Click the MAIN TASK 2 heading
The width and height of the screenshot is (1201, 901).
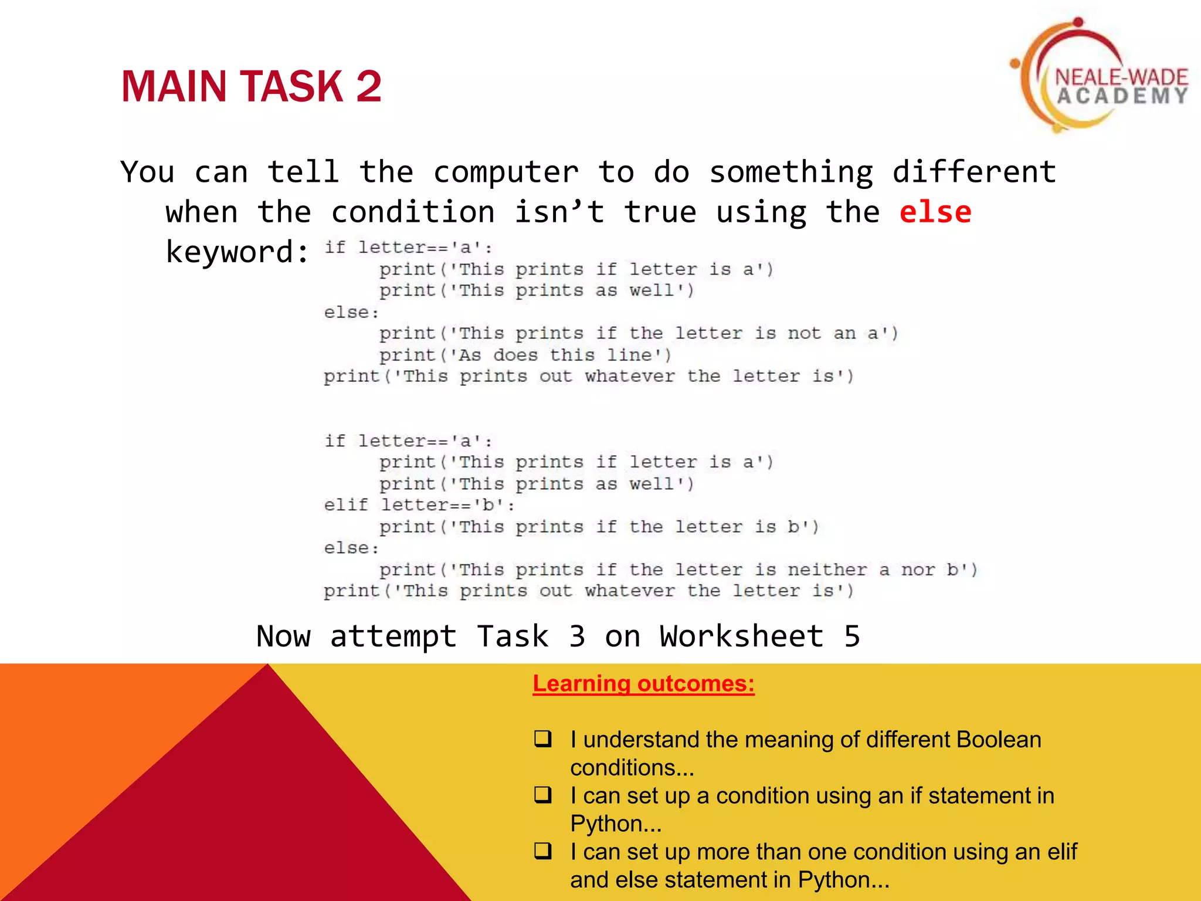[x=251, y=87]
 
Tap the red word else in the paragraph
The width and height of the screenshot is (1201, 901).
[x=935, y=212]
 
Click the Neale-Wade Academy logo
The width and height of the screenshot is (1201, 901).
[x=1097, y=76]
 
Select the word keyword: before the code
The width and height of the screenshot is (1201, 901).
[x=237, y=252]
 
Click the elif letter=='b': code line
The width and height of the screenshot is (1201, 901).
[x=419, y=505]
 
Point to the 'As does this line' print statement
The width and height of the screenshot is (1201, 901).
[x=525, y=355]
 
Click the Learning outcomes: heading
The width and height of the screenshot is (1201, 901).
[x=643, y=684]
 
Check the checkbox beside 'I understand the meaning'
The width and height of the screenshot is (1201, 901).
[x=543, y=738]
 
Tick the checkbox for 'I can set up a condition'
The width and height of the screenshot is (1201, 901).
[x=543, y=794]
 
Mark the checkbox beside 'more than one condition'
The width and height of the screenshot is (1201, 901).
[x=543, y=851]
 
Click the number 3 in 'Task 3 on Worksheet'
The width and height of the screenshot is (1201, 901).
[x=577, y=636]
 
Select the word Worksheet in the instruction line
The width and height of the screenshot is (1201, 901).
[x=742, y=636]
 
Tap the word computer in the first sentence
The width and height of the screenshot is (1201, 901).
[x=505, y=172]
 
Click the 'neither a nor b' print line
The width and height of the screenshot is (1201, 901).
[x=677, y=570]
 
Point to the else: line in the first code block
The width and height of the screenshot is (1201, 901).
[x=351, y=312]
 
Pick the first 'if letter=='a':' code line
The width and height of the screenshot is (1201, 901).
[x=408, y=248]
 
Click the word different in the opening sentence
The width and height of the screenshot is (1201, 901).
[x=974, y=172]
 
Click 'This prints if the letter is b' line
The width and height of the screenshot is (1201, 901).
[x=598, y=527]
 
